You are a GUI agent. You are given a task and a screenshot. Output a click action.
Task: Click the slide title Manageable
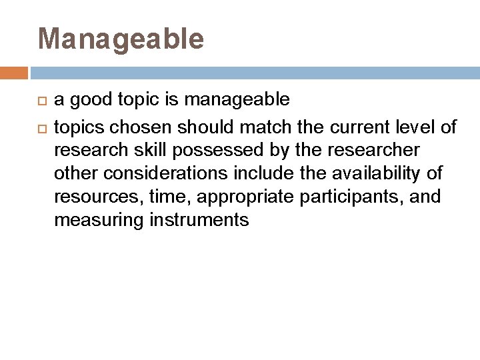[x=121, y=39]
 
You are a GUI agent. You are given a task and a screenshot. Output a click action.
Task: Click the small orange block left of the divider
[x=13, y=73]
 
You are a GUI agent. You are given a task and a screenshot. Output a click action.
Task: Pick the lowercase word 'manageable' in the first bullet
[x=237, y=100]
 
